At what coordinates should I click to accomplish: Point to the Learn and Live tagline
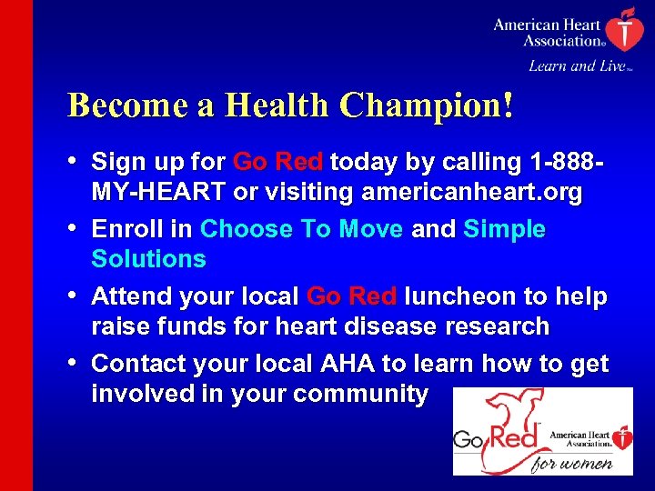[576, 65]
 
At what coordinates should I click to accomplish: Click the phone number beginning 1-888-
[558, 163]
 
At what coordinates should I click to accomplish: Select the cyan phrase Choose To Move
[301, 229]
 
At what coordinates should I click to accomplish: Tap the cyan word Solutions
[148, 259]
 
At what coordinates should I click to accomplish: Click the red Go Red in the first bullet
[277, 163]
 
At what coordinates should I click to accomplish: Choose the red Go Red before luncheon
[351, 296]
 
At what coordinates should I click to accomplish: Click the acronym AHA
[347, 364]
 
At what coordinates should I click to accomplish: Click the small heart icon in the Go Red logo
[621, 440]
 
